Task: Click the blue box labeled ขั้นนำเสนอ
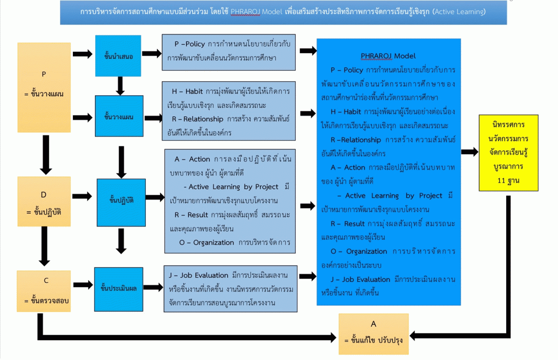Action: [x=118, y=56]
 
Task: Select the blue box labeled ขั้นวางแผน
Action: [x=119, y=116]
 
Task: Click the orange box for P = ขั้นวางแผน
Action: [x=44, y=86]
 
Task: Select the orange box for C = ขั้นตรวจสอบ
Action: [x=43, y=291]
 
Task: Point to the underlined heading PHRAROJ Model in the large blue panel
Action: [x=388, y=56]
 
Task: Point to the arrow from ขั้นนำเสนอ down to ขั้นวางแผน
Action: [x=120, y=86]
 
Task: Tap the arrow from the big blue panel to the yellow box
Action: [x=469, y=152]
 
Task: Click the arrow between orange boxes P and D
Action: [x=45, y=155]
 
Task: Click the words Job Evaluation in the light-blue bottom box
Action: [x=204, y=275]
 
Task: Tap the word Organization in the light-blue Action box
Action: [x=213, y=242]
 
